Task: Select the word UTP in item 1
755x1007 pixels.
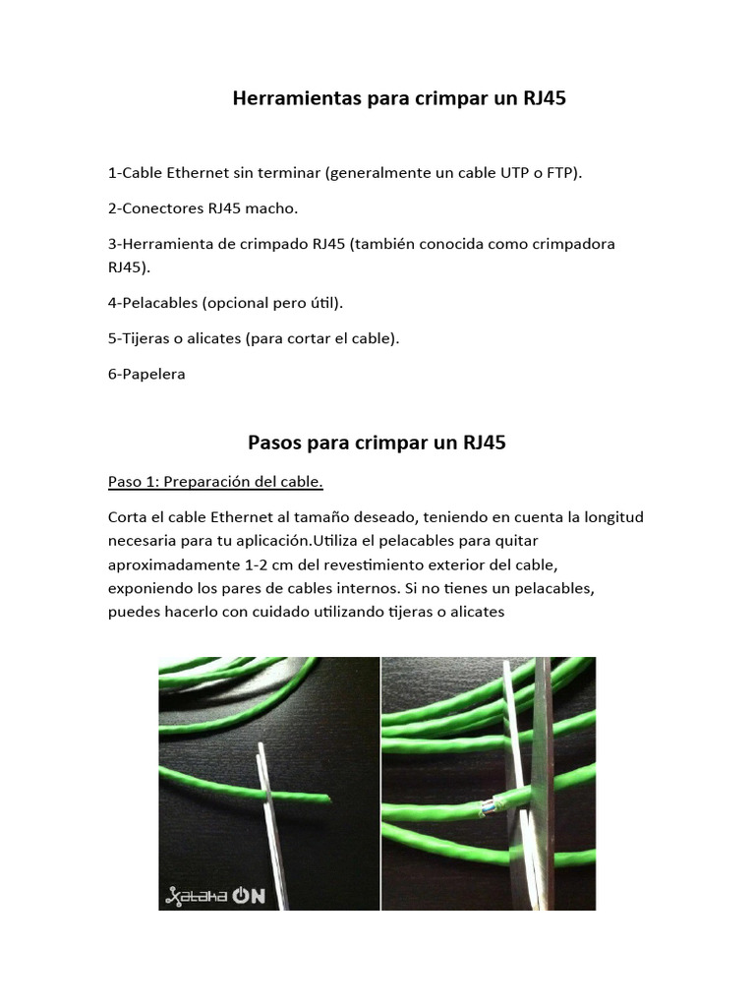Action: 507,173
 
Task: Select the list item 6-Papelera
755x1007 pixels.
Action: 146,374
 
